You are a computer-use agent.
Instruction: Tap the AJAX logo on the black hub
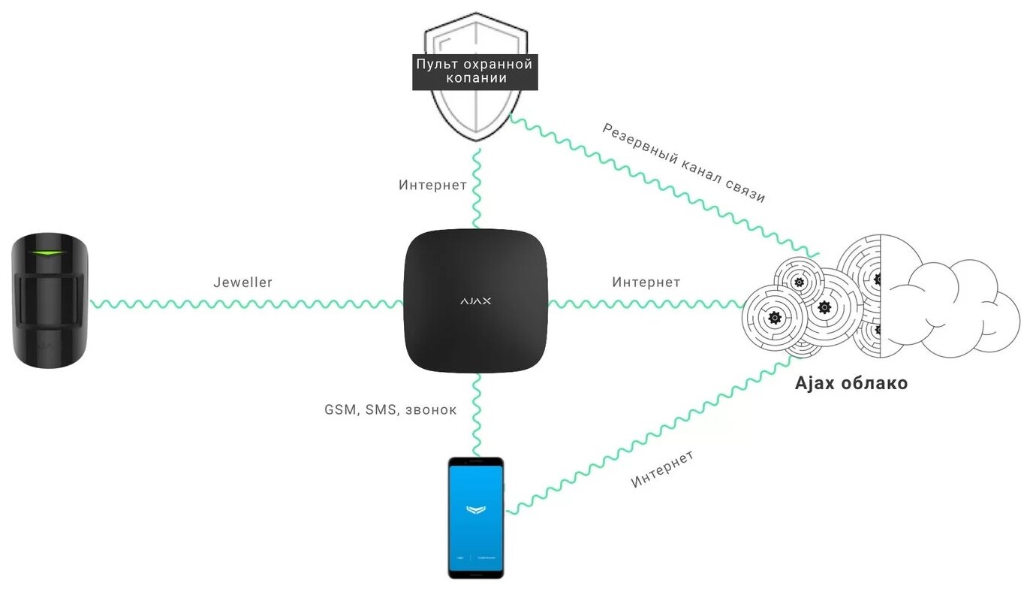click(476, 301)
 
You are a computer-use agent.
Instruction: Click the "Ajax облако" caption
click(851, 383)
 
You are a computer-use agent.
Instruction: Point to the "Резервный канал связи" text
click(683, 163)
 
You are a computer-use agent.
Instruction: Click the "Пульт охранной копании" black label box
click(474, 71)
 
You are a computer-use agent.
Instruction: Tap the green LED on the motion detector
click(47, 253)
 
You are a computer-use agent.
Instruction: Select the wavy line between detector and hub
click(248, 304)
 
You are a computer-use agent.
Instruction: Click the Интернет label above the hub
click(433, 185)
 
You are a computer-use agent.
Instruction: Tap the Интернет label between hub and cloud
click(646, 282)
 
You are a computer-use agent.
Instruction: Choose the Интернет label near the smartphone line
click(662, 470)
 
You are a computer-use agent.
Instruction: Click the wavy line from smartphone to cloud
click(646, 436)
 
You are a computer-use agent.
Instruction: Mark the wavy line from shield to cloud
click(661, 185)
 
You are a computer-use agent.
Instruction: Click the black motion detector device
click(50, 301)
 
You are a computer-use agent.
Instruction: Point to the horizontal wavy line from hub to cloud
click(646, 304)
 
